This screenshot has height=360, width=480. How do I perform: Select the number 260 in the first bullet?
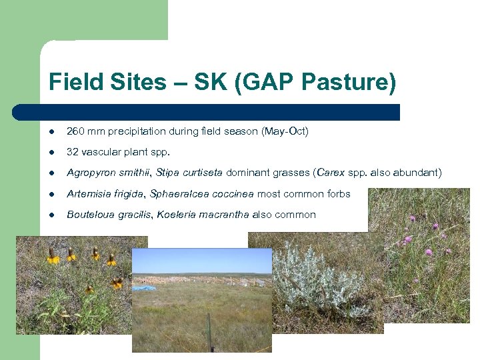click(x=75, y=131)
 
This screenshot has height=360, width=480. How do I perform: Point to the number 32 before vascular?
click(x=73, y=152)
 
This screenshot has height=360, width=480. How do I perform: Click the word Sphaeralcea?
click(x=178, y=194)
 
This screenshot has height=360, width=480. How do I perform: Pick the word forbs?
click(x=338, y=194)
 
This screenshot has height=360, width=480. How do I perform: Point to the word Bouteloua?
click(x=89, y=215)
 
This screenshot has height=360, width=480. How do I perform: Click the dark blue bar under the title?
click(x=207, y=112)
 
